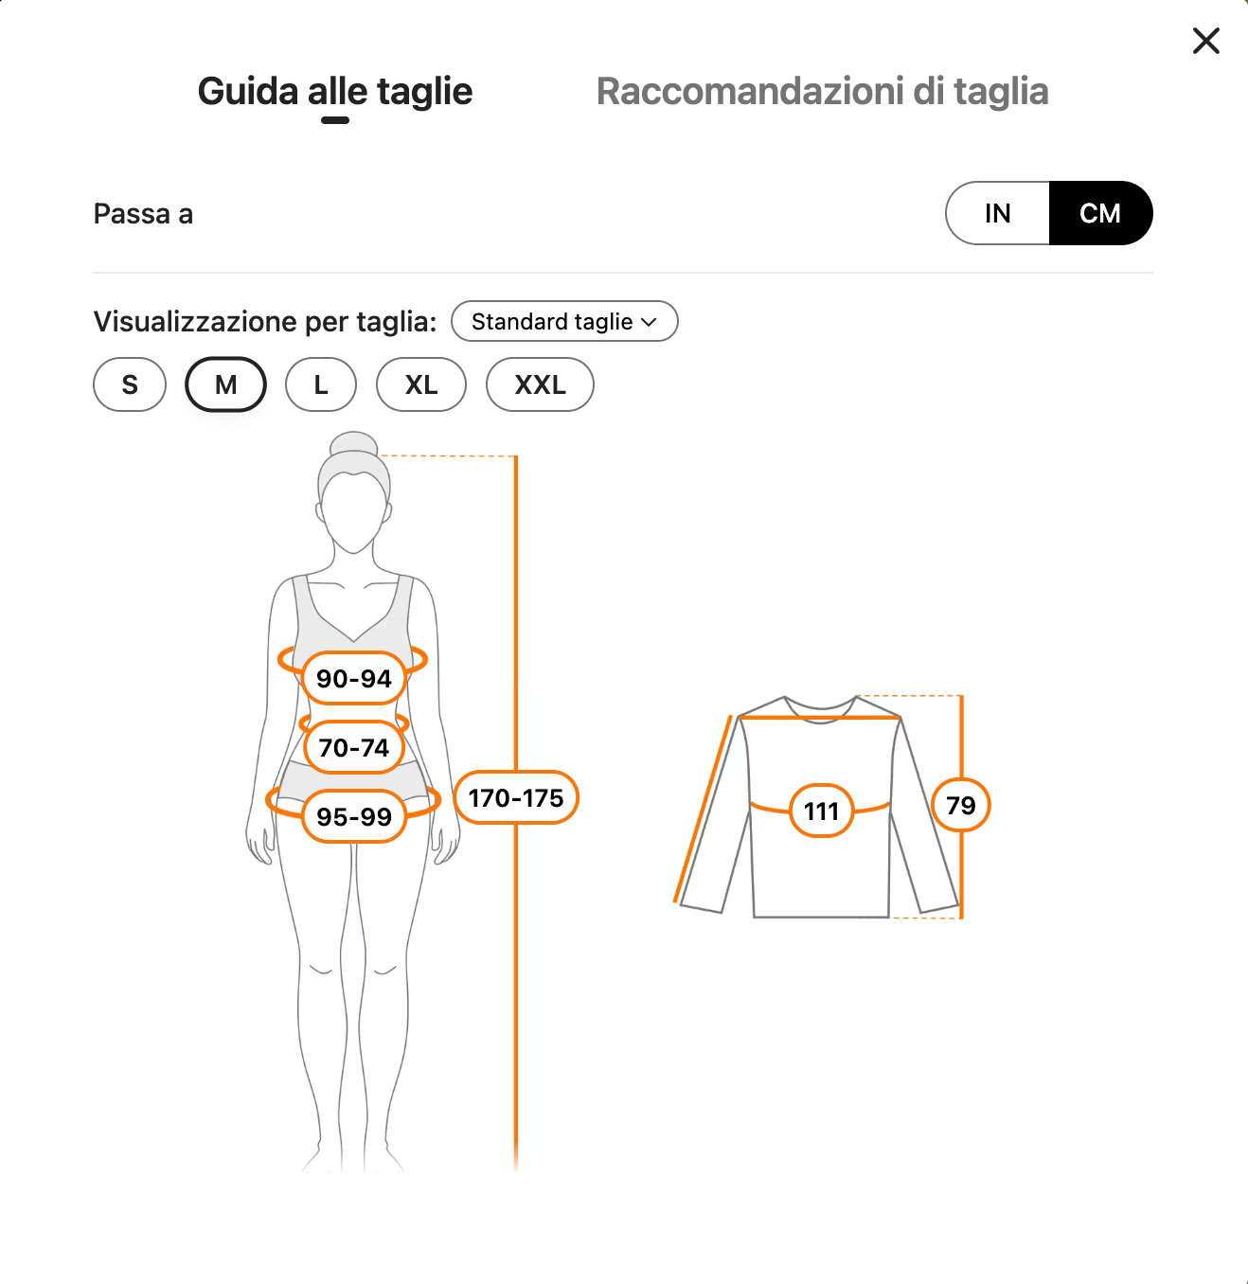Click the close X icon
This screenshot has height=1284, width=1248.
click(x=1205, y=41)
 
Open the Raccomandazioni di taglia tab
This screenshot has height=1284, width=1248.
click(x=822, y=91)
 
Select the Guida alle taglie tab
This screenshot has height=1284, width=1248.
click(x=334, y=91)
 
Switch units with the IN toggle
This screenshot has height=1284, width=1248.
click(x=997, y=213)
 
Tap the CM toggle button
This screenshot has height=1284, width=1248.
click(x=1100, y=213)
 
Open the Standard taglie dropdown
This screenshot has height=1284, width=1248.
click(x=564, y=321)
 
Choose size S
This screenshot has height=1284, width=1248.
click(x=130, y=384)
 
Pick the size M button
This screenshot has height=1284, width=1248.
click(x=225, y=384)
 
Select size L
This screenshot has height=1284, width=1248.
click(x=321, y=384)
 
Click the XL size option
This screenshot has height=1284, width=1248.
click(x=421, y=384)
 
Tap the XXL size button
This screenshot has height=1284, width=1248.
click(x=540, y=384)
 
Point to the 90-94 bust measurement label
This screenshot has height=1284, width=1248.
click(x=354, y=678)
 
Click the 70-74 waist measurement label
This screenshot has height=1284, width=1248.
click(x=354, y=747)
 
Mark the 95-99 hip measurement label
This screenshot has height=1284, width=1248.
click(x=354, y=817)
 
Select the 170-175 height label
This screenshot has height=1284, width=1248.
click(x=516, y=797)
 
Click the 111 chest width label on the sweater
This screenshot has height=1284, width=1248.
click(x=822, y=811)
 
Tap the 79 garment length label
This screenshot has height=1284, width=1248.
click(x=961, y=805)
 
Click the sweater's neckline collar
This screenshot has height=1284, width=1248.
click(x=820, y=710)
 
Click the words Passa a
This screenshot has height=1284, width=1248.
click(x=143, y=214)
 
